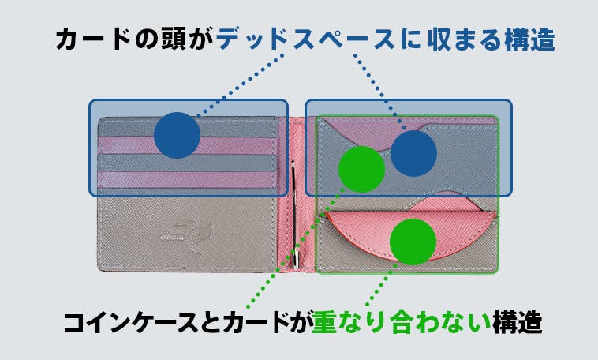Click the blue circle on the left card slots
pyautogui.click(x=177, y=135)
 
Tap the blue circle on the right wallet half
pyautogui.click(x=414, y=153)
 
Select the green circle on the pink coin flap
pyautogui.click(x=413, y=242)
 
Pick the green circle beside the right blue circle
pyautogui.click(x=361, y=169)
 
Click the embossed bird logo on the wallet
pyautogui.click(x=188, y=235)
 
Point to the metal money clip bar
pyautogui.click(x=294, y=214)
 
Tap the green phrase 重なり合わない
pyautogui.click(x=402, y=323)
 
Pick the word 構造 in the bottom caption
pyautogui.click(x=518, y=323)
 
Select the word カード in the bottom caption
pyautogui.click(x=256, y=323)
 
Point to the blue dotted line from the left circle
pyautogui.click(x=241, y=84)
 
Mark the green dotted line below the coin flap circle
pyautogui.click(x=378, y=284)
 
